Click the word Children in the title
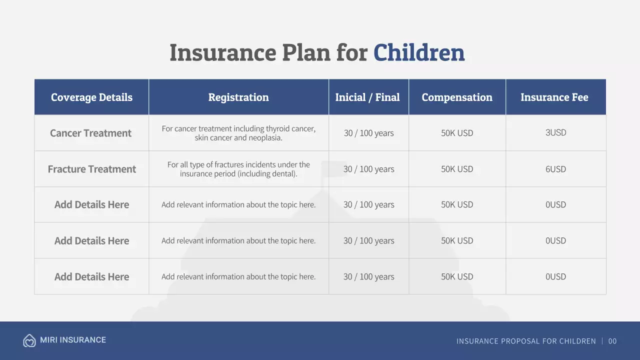pos(419,52)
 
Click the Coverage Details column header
pos(91,97)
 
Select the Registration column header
pos(238,97)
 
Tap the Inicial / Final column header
pos(367,97)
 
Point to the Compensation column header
pos(457,97)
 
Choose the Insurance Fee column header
pos(554,97)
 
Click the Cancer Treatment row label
pos(90,133)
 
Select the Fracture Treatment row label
pos(91,169)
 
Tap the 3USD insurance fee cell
pos(555,132)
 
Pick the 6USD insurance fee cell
pos(555,169)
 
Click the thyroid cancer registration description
pos(238,133)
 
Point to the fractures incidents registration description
pos(238,169)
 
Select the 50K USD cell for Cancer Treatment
pos(457,133)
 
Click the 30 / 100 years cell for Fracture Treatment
pos(368,169)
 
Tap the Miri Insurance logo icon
pos(29,340)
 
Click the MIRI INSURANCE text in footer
pos(73,340)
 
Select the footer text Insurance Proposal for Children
pos(526,341)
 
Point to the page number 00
pos(612,341)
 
